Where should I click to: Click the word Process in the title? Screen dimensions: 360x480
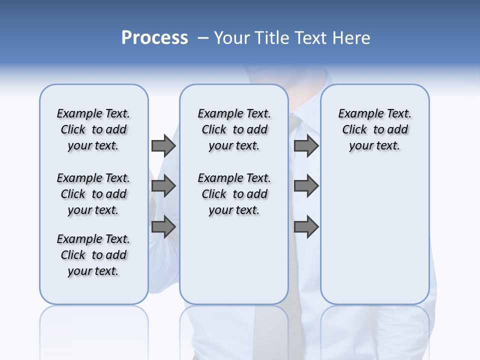click(x=154, y=37)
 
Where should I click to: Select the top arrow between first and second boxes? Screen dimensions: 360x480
click(x=163, y=145)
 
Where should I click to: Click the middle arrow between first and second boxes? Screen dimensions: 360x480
click(x=163, y=186)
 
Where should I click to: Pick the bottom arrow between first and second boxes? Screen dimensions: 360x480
click(x=163, y=227)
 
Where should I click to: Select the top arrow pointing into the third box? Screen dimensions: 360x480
click(x=306, y=145)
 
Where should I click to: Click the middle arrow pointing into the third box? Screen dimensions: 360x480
click(x=306, y=186)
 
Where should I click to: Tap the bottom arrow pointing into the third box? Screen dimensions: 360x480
click(x=306, y=227)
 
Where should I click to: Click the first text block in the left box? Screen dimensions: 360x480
click(x=93, y=129)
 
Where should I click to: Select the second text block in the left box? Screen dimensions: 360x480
click(x=93, y=194)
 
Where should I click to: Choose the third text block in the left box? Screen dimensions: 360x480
click(x=93, y=255)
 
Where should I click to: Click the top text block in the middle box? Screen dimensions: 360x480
click(x=234, y=129)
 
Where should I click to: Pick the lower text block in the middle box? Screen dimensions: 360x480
click(x=234, y=194)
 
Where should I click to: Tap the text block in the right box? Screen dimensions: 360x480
click(x=374, y=129)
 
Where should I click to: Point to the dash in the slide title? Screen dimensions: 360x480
click(x=203, y=38)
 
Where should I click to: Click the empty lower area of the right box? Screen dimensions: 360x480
click(x=374, y=240)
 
